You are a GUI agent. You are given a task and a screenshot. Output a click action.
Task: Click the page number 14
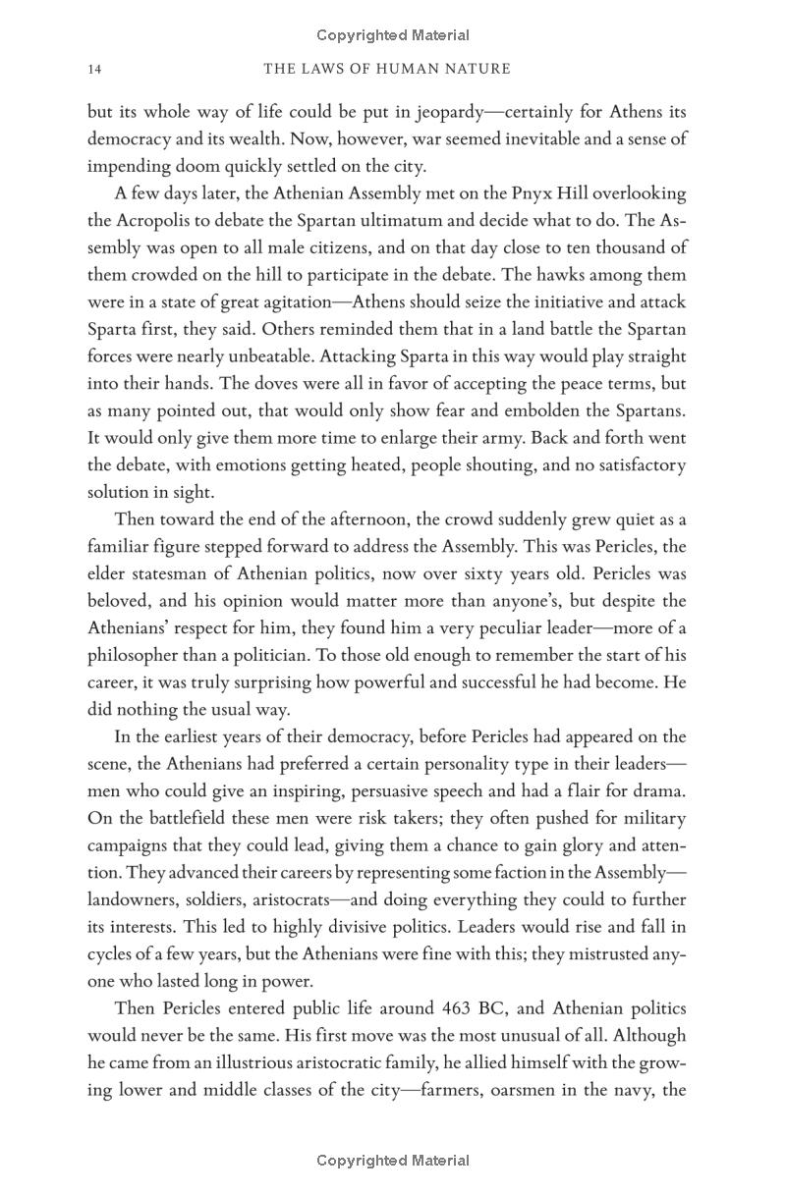[x=94, y=69]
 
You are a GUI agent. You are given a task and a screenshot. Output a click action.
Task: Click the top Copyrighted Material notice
[x=393, y=35]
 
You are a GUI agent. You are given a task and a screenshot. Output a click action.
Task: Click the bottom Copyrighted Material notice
[x=393, y=1161]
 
